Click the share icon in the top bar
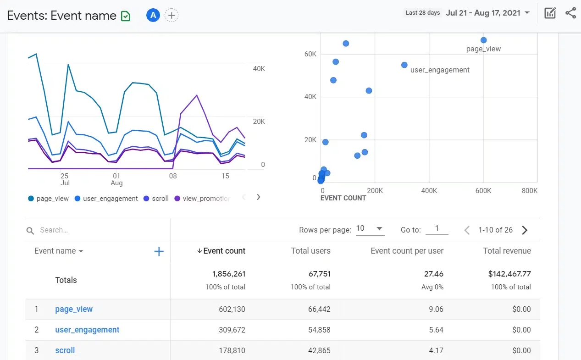(x=570, y=13)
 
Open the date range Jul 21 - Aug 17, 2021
(x=487, y=13)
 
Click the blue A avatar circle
(x=153, y=15)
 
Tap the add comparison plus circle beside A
(x=172, y=15)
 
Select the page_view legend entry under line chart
(x=48, y=199)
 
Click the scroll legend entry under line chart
(x=156, y=199)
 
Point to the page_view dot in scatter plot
(x=483, y=40)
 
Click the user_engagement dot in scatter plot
(x=404, y=65)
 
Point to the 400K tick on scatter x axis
(x=429, y=190)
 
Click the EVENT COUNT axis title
(x=343, y=198)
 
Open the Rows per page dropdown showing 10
(x=370, y=229)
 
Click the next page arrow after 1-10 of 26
(x=525, y=230)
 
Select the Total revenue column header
(x=507, y=251)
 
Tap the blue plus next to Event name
(x=159, y=251)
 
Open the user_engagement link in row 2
(x=87, y=330)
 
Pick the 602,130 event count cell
(x=232, y=309)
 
